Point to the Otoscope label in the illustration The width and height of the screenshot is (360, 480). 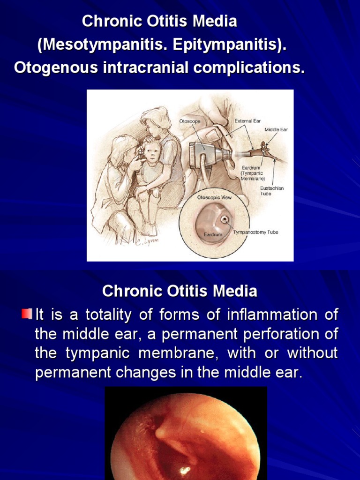click(190, 121)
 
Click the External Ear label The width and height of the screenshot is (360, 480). click(247, 121)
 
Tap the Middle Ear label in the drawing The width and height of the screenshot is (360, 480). click(276, 129)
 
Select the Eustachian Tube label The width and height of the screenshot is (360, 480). click(272, 191)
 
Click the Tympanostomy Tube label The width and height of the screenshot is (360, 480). click(255, 232)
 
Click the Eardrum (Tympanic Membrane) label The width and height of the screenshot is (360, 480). click(253, 173)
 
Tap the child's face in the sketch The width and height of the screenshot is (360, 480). click(151, 152)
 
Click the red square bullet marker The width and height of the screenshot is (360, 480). click(26, 313)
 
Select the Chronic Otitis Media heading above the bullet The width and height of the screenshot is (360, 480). click(180, 291)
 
